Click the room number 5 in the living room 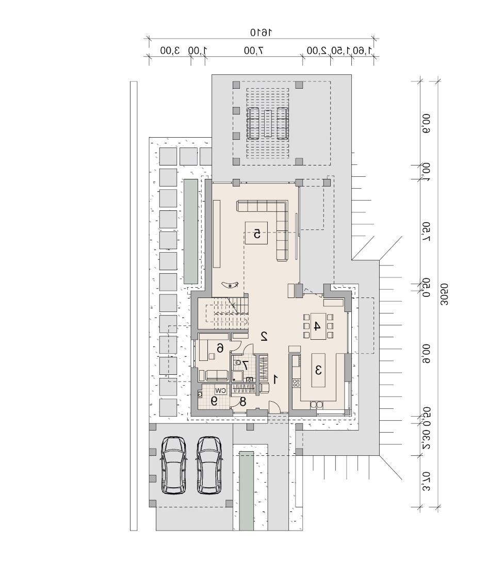pos(257,234)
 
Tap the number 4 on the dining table pos(317,326)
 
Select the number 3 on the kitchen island pos(318,370)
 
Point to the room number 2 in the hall pos(264,336)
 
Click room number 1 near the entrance pos(275,379)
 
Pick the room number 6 pos(220,348)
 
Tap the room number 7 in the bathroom pos(245,365)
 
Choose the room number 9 pos(214,401)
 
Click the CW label pos(221,390)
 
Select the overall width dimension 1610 pos(261,32)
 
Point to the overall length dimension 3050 pos(444,294)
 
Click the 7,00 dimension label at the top pos(253,51)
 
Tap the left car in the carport pos(174,465)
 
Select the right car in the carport pos(209,465)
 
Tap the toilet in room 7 pos(237,362)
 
